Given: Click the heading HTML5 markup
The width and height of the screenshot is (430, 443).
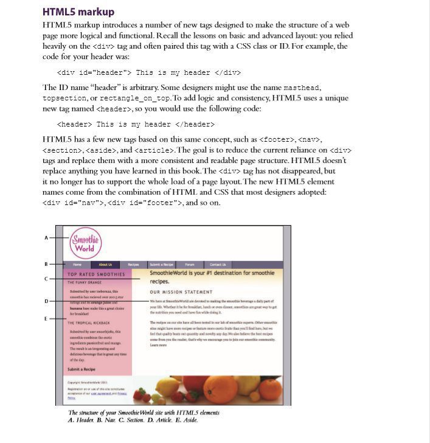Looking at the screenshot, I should pos(78,12).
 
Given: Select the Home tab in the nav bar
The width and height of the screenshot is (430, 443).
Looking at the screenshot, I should pos(77,265).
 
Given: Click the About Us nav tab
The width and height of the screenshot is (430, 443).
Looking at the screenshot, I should pos(105,265).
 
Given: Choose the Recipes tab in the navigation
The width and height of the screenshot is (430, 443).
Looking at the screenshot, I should pos(134,265).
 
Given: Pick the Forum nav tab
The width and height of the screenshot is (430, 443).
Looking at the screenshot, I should pos(190,265).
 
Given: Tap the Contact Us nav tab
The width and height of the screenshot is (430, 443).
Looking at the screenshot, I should pos(218,265).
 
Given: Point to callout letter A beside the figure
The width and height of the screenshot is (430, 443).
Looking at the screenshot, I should pos(46,238).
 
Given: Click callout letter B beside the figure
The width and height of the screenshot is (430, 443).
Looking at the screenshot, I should pos(46,264).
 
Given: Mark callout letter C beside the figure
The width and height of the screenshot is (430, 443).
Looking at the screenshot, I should pos(46,279).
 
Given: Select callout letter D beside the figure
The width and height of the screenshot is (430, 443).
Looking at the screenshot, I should pos(46,301).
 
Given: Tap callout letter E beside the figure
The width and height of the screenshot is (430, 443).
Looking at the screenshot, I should pos(46,318).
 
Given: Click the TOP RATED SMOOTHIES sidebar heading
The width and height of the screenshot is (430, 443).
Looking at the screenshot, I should pos(95,274).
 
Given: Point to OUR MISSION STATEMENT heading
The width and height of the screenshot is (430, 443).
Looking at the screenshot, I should pos(181,292).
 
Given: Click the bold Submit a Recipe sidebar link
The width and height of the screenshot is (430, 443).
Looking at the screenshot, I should pos(81,369).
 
